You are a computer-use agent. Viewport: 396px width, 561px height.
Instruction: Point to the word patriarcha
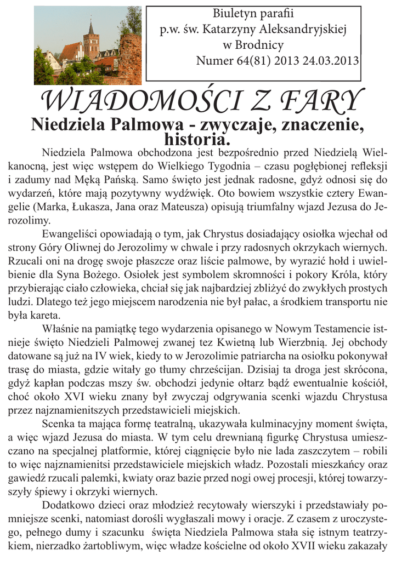pos(268,355)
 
